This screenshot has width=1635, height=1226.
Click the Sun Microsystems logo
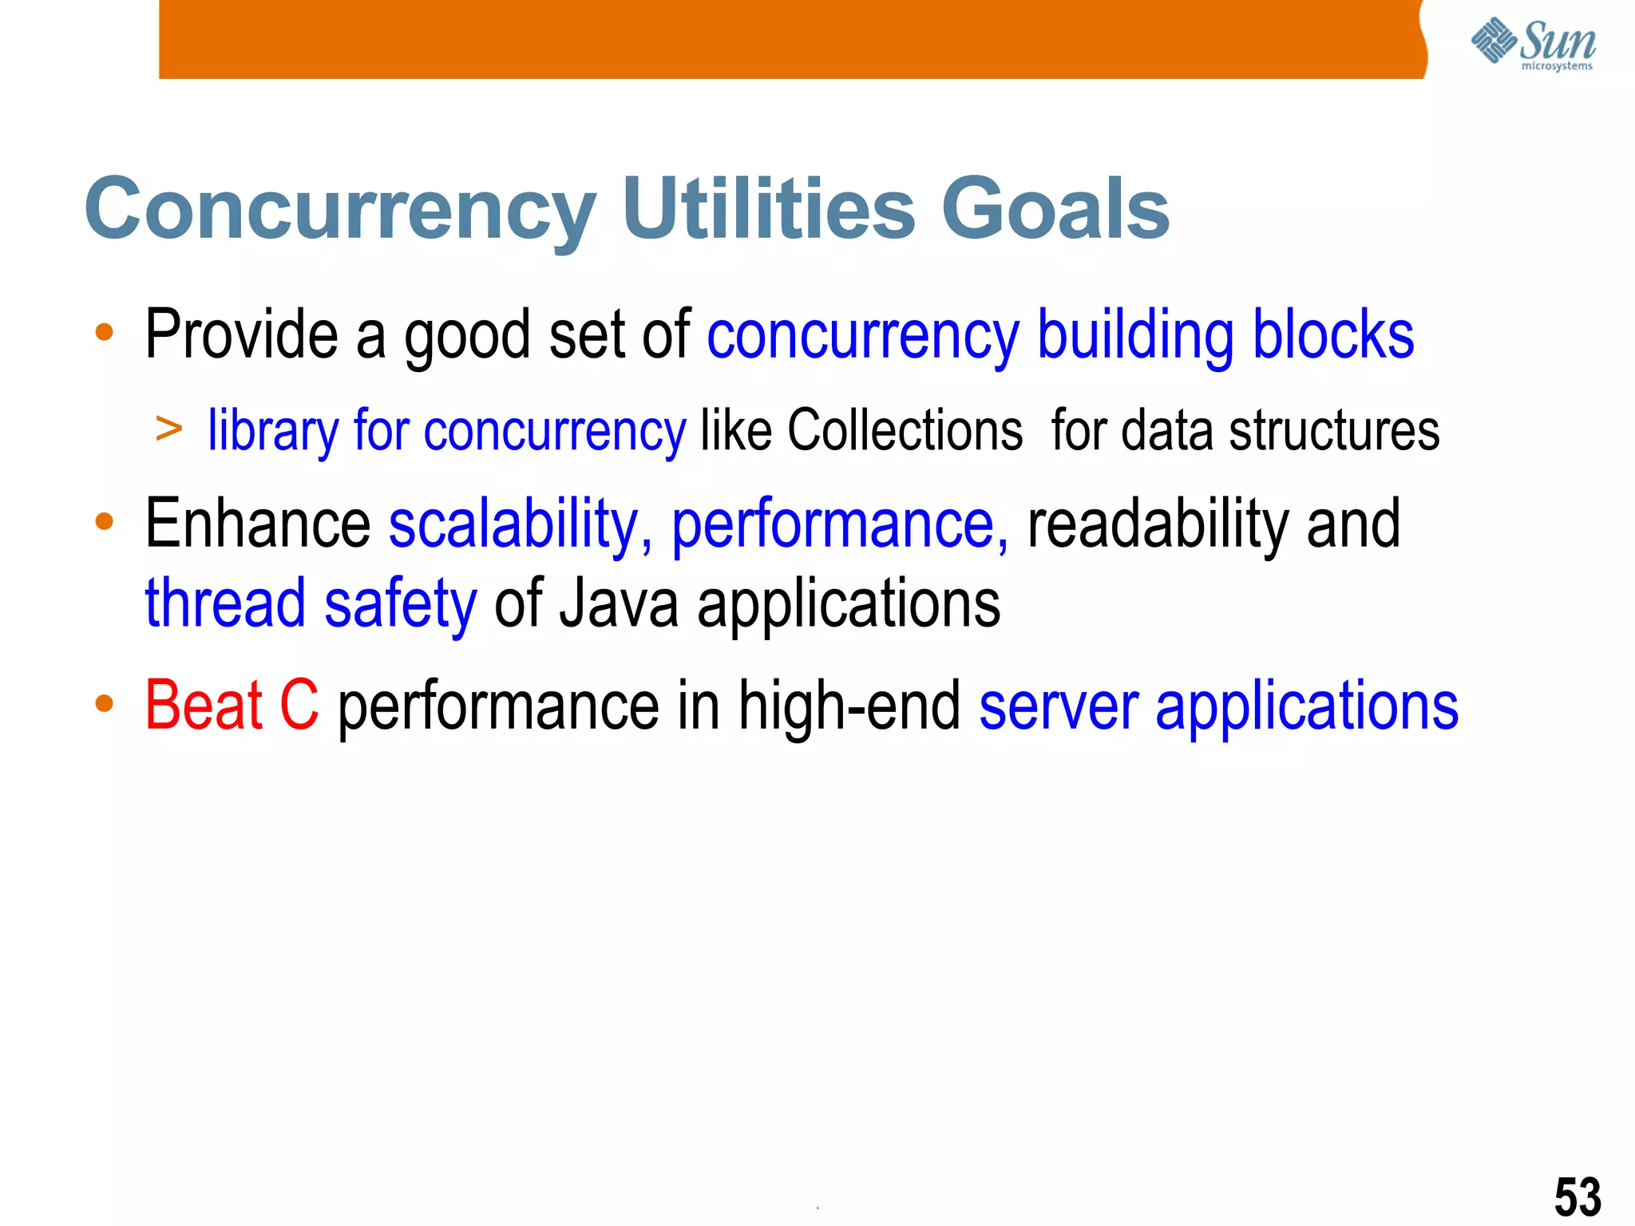click(1532, 44)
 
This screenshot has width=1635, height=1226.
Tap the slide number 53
click(1577, 1196)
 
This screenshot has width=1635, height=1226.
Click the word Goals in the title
click(1055, 208)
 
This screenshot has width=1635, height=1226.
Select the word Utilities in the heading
click(768, 208)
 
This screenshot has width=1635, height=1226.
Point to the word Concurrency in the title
click(340, 210)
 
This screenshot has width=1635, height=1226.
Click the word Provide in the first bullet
click(241, 334)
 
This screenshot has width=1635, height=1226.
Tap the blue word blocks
click(1332, 334)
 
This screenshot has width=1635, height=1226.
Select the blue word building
click(1134, 336)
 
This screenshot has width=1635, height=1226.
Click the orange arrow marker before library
click(169, 429)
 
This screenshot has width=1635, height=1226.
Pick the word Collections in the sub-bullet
click(905, 430)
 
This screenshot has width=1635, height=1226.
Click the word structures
click(1334, 430)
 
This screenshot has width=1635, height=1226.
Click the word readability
click(1158, 524)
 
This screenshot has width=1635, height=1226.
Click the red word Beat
click(204, 705)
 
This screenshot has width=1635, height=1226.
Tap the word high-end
click(849, 705)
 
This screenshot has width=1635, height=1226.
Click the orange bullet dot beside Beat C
click(104, 704)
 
